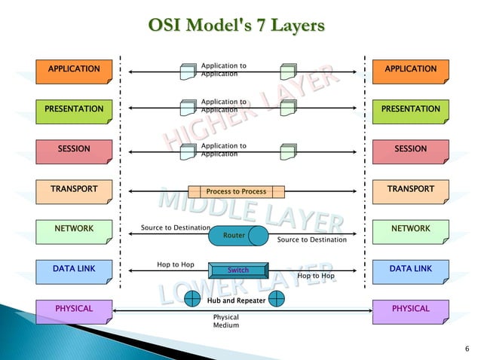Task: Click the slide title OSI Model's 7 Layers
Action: tap(236, 26)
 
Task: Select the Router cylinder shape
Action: tap(237, 236)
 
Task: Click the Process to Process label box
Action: tap(236, 191)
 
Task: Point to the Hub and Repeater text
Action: tap(235, 301)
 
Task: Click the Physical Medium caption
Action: tap(225, 322)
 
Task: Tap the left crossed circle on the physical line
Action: tap(195, 299)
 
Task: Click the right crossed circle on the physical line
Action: tap(276, 299)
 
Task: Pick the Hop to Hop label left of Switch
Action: tap(175, 265)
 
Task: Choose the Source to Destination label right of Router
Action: tap(311, 240)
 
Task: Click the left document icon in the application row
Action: tap(188, 72)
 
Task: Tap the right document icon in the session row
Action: tap(287, 151)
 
